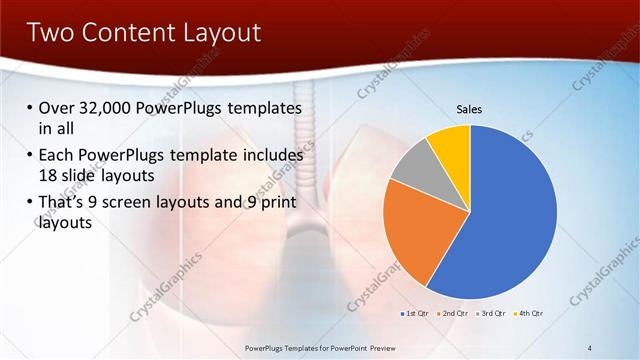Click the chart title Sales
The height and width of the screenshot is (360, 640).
pyautogui.click(x=470, y=108)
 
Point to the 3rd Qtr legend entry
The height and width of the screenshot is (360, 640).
pyautogui.click(x=492, y=314)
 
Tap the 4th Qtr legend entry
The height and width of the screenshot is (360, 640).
pyautogui.click(x=530, y=314)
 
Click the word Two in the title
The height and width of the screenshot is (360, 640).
pyautogui.click(x=51, y=32)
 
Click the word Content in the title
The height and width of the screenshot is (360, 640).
pyautogui.click(x=125, y=32)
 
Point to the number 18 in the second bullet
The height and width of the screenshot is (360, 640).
pyautogui.click(x=48, y=174)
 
